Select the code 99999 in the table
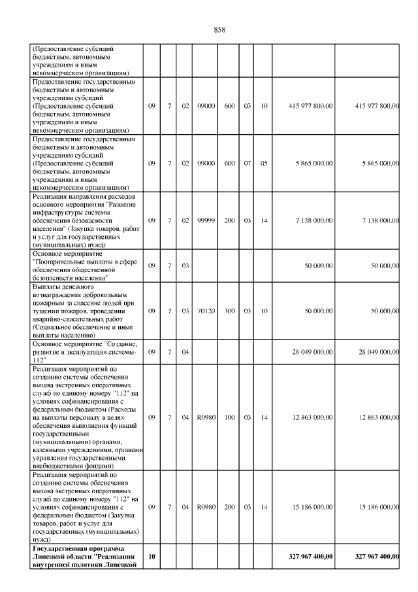pos(206,220)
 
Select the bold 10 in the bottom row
pos(152,557)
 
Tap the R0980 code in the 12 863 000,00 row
pos(206,417)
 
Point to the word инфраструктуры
pos(59,212)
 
